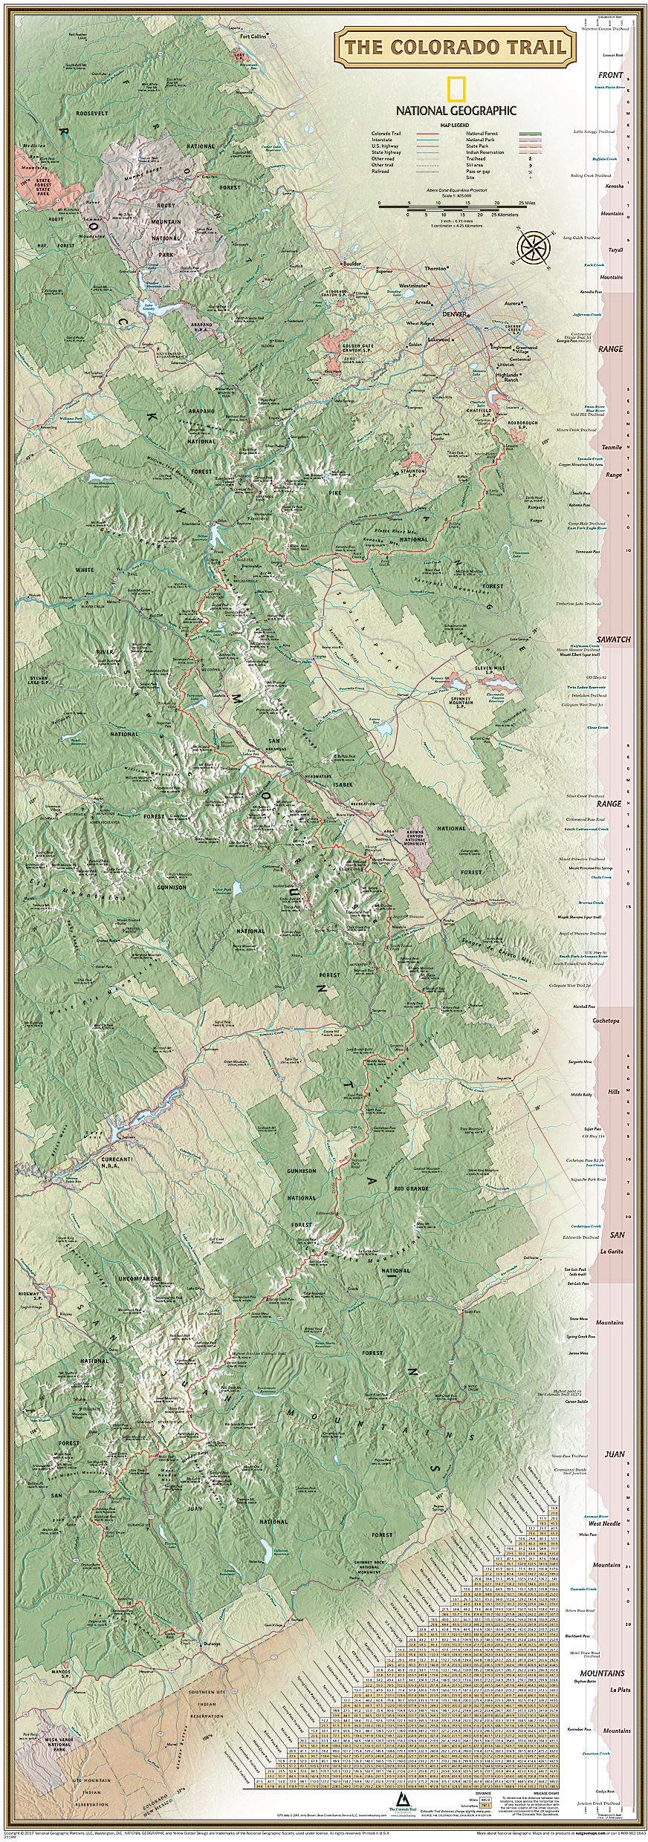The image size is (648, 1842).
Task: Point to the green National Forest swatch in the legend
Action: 530,134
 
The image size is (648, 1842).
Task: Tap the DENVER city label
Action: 456,314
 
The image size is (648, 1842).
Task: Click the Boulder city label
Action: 351,264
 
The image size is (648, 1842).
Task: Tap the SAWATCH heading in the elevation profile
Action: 614,640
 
